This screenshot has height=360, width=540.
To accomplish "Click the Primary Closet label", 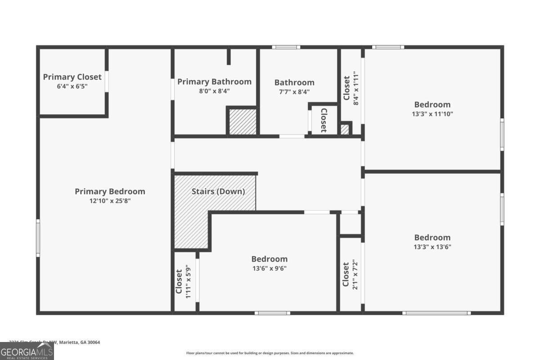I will click(72, 77).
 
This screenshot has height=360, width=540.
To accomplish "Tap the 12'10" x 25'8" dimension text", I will click(110, 201).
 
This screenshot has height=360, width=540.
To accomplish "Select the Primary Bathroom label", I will click(214, 81).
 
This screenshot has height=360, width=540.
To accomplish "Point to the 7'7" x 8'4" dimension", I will click(294, 92).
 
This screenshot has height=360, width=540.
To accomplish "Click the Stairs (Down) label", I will click(218, 191).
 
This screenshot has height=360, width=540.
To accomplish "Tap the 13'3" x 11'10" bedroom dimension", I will click(432, 114).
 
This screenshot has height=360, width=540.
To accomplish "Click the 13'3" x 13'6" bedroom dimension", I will click(432, 247).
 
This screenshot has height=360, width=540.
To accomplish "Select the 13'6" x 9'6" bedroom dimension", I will click(269, 269).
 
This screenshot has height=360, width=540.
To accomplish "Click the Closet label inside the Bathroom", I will click(323, 120).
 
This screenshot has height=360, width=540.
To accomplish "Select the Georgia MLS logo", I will click(27, 351).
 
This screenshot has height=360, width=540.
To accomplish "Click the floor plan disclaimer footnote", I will click(270, 353).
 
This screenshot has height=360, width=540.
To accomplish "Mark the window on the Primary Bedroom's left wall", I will click(38, 238).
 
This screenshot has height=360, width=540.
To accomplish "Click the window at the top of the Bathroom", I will click(286, 47).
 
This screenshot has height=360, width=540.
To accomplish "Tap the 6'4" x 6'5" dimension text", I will click(72, 86).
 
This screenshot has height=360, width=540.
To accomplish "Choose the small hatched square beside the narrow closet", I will click(345, 129).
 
